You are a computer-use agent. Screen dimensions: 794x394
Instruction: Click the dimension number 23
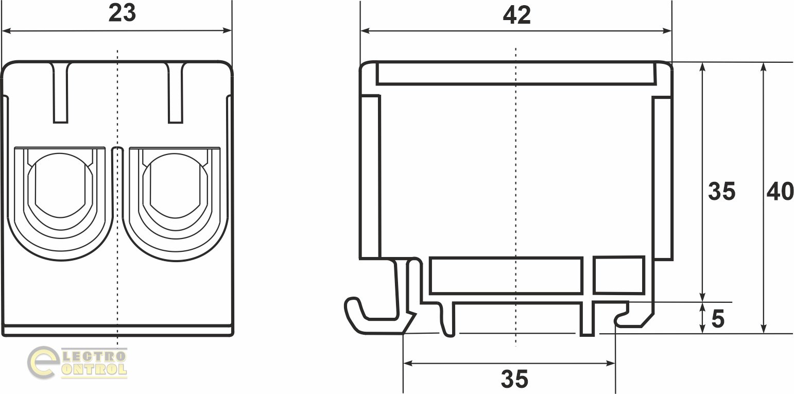coord(122,13)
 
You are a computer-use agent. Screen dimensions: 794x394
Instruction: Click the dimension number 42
coord(517,15)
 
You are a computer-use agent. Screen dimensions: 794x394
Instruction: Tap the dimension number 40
coord(780,192)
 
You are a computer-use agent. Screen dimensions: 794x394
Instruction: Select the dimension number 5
coord(718,319)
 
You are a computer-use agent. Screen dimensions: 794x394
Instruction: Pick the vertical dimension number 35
coord(722,192)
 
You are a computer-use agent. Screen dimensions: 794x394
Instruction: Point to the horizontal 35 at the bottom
coord(514,379)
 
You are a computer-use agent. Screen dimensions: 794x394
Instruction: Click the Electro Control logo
coord(77,363)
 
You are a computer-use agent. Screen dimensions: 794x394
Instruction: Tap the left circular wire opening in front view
coord(60,185)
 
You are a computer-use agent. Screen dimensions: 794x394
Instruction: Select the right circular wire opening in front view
coord(175,185)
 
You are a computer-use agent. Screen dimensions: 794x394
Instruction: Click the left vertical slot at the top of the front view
coord(60,93)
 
